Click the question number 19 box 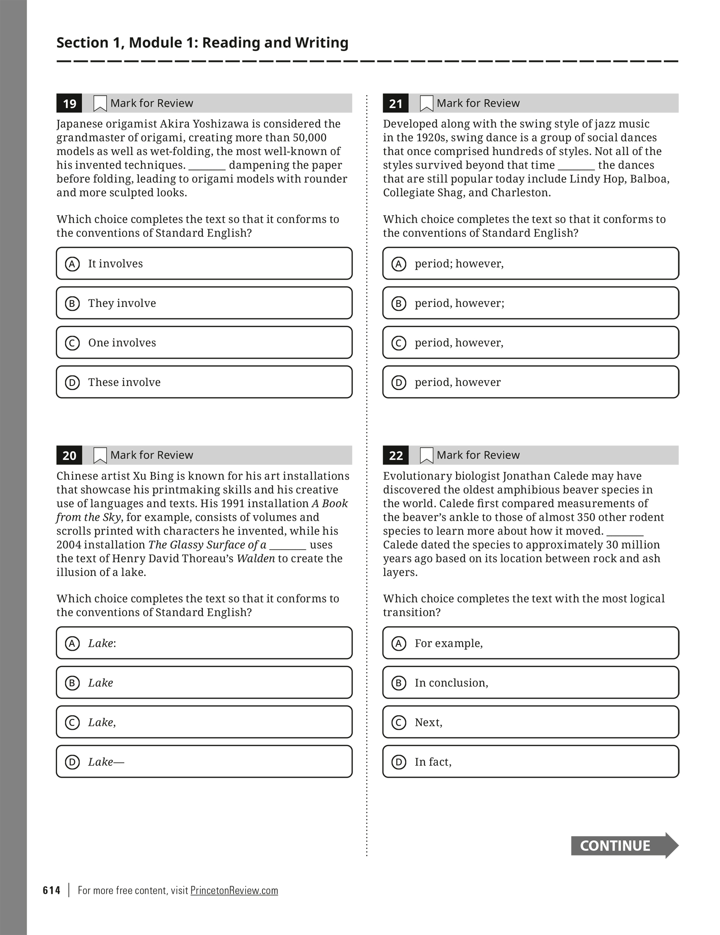click(x=69, y=103)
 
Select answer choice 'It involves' click(x=204, y=264)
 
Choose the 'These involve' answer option click(x=204, y=382)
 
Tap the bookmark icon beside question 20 click(x=100, y=455)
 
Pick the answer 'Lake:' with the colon click(x=204, y=643)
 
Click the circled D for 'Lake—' click(x=72, y=762)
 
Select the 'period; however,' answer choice click(x=530, y=264)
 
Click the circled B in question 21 click(x=399, y=303)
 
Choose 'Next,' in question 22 click(x=530, y=722)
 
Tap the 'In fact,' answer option click(x=530, y=762)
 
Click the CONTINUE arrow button click(x=624, y=845)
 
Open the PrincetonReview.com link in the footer click(x=234, y=890)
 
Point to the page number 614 click(x=51, y=890)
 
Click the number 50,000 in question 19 click(x=310, y=137)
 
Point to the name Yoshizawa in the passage click(x=222, y=124)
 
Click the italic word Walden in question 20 click(x=256, y=558)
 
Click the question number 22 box click(x=396, y=455)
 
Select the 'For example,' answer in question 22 click(x=530, y=643)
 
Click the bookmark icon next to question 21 click(x=426, y=103)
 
